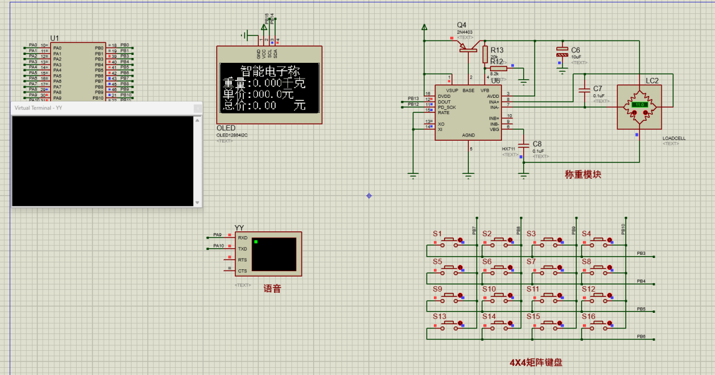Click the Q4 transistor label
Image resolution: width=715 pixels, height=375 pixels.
pyautogui.click(x=462, y=25)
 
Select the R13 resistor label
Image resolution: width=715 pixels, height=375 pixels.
pyautogui.click(x=497, y=50)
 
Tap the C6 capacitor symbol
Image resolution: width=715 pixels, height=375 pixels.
pyautogui.click(x=562, y=53)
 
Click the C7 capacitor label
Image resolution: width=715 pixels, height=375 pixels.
pyautogui.click(x=597, y=89)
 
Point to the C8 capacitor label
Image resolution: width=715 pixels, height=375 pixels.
pyautogui.click(x=537, y=144)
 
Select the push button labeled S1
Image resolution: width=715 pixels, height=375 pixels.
pyautogui.click(x=450, y=241)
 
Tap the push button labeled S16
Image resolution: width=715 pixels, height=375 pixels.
pyautogui.click(x=599, y=324)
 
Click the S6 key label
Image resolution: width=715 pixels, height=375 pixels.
pyautogui.click(x=487, y=261)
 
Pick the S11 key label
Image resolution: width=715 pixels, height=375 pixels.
pyautogui.click(x=533, y=289)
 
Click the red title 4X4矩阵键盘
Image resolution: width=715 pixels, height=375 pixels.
pyautogui.click(x=536, y=362)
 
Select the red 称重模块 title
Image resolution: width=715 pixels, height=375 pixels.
pyautogui.click(x=582, y=175)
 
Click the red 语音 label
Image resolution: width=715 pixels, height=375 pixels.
pyautogui.click(x=272, y=289)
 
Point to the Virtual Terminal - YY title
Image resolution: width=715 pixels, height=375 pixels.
pyautogui.click(x=38, y=107)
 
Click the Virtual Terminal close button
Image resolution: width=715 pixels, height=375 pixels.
pyautogui.click(x=197, y=108)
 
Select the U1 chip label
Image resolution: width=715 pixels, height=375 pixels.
pyautogui.click(x=55, y=38)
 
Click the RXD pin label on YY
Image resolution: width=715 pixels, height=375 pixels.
pyautogui.click(x=243, y=238)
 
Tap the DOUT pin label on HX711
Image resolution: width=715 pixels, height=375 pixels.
pyautogui.click(x=445, y=101)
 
